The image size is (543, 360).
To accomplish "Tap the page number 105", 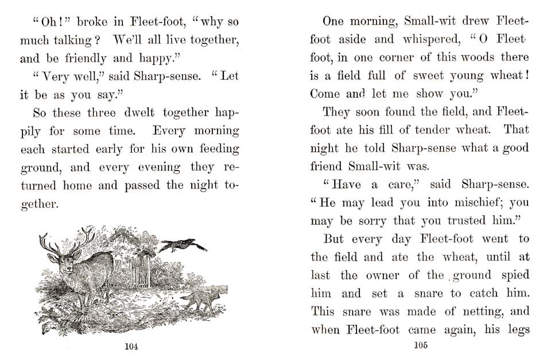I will point(420,345).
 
